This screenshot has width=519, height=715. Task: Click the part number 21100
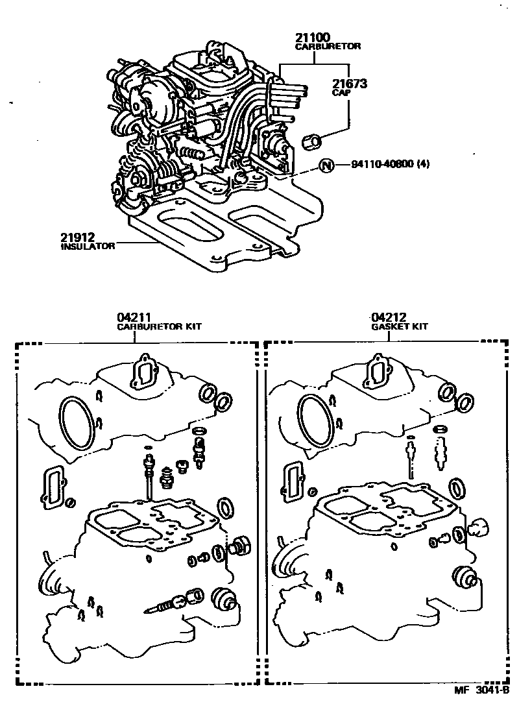tap(315, 38)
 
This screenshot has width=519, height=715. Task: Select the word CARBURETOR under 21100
tap(328, 47)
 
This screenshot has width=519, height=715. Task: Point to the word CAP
tap(341, 93)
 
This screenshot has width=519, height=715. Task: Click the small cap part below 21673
tap(313, 139)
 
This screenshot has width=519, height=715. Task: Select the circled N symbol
tap(326, 165)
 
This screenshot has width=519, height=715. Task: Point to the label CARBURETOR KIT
tap(159, 327)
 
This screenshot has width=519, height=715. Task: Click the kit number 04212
tap(389, 317)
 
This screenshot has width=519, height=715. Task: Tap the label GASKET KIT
tap(400, 327)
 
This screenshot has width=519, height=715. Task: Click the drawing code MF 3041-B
tap(481, 691)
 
